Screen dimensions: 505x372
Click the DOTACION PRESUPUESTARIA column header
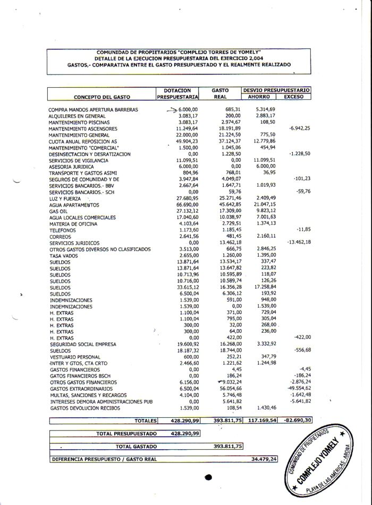coord(177,94)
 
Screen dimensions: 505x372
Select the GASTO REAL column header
coord(220,94)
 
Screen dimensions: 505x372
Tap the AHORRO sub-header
coord(259,97)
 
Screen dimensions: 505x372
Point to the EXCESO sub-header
coord(294,97)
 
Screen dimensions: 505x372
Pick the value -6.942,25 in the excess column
coord(299,129)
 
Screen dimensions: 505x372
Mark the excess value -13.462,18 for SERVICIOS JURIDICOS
coord(298,242)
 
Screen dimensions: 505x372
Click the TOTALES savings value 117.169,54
coord(261,420)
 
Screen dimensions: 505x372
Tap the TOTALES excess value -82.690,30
coord(295,420)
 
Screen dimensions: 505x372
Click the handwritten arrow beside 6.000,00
coord(171,110)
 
